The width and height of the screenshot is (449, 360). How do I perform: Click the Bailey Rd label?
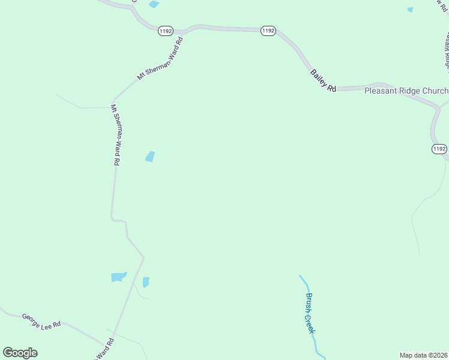tap(324, 80)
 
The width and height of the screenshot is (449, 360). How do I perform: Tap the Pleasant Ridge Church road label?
tap(406, 91)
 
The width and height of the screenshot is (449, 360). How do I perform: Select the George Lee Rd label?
tap(42, 320)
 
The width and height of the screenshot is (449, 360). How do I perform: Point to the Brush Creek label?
tap(310, 313)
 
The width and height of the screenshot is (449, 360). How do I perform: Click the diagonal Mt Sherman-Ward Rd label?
tap(160, 58)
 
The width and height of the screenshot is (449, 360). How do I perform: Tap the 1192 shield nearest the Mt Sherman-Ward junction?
tap(166, 31)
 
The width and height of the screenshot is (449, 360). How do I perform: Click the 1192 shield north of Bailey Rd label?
tap(268, 31)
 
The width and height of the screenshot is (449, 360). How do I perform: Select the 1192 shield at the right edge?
tap(439, 148)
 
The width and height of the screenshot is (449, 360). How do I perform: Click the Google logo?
tap(20, 353)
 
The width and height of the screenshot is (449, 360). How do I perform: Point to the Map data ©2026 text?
tap(423, 355)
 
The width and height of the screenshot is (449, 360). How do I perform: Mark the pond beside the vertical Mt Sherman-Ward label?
tap(150, 157)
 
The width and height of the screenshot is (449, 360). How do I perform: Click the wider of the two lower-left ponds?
tap(119, 277)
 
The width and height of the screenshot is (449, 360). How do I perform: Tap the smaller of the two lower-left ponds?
tap(146, 282)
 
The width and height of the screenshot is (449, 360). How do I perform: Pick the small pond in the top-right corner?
tap(411, 10)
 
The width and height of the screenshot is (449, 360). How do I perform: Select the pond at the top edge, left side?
tap(154, 4)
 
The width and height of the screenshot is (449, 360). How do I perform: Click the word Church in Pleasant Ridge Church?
tap(435, 91)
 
